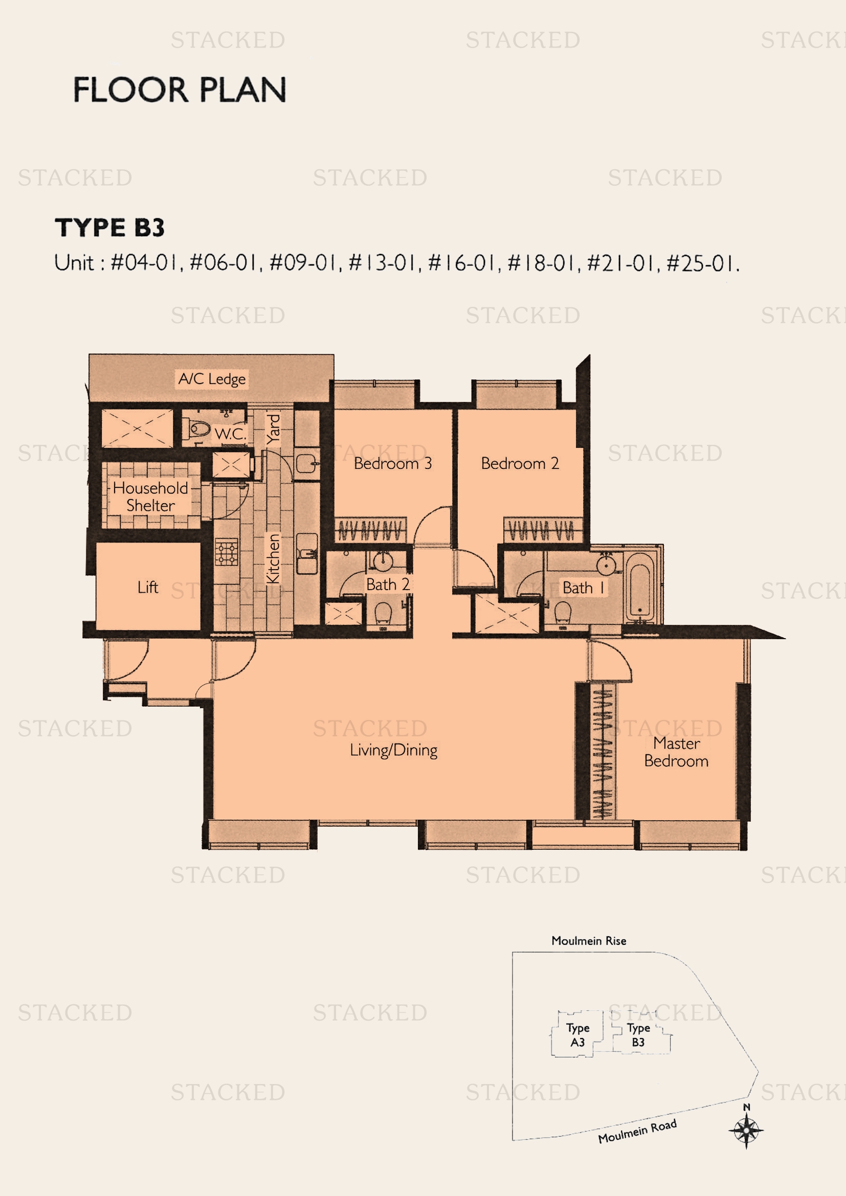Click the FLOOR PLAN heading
(x=179, y=89)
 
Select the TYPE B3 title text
(x=109, y=228)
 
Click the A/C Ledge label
(x=212, y=379)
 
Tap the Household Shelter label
(x=150, y=497)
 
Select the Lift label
(x=148, y=587)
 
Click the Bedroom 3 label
(x=393, y=463)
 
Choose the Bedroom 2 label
(x=520, y=463)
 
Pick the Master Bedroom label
(x=676, y=752)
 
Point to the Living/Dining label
(x=394, y=750)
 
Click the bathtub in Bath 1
(x=639, y=586)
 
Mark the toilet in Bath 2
(x=384, y=613)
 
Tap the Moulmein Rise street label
(x=589, y=941)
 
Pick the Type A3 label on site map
(x=577, y=1035)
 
